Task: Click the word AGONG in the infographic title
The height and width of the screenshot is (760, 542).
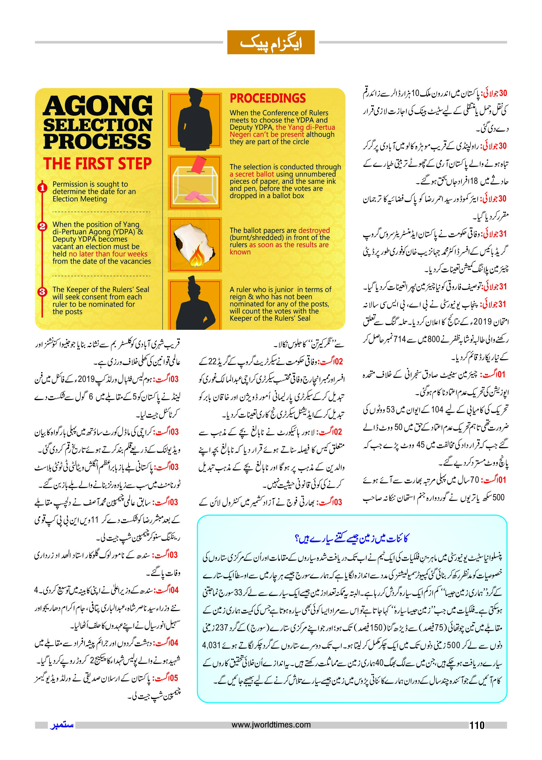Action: coord(97,106)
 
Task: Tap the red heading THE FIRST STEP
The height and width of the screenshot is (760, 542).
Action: coord(97,163)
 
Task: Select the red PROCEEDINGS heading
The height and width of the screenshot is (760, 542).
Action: coord(268,98)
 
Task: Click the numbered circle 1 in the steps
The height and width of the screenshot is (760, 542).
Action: coord(42,188)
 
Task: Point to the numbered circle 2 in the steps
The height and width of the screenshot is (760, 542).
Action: coord(42,226)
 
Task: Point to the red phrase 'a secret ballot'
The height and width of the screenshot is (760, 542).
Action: coord(252,174)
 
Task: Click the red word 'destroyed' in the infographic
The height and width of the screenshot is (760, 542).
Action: coord(314,230)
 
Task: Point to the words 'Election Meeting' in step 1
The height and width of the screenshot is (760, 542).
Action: coord(80,199)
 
